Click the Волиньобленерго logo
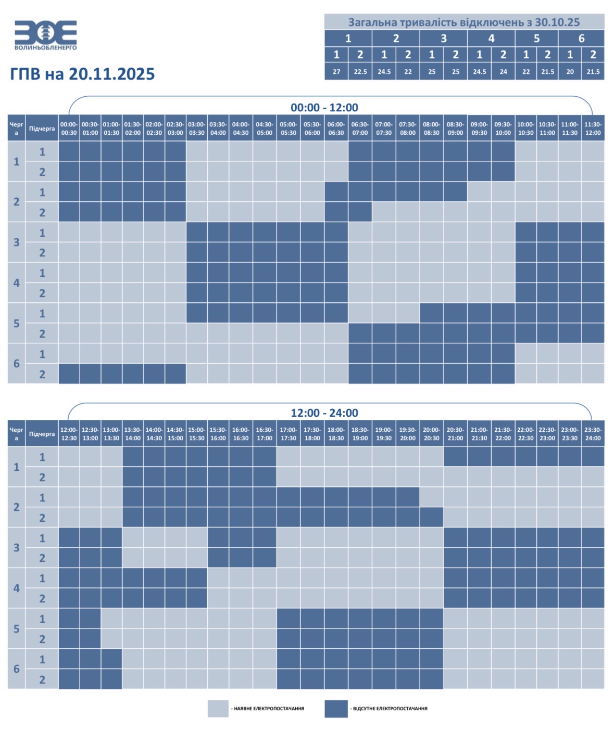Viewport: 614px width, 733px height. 46,35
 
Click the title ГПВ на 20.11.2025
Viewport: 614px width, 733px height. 82,74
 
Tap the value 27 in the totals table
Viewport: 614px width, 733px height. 336,72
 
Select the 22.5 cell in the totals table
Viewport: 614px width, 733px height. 360,72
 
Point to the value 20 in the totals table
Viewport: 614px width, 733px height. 570,72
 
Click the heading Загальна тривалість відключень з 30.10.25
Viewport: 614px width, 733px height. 464,22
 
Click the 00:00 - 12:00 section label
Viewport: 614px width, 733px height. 324,107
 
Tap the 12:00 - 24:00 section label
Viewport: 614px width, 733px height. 324,413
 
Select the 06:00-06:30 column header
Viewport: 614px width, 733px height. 336,128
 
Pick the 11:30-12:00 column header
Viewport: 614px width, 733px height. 593,128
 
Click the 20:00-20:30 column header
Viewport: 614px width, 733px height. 431,434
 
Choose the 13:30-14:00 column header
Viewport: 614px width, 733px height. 133,434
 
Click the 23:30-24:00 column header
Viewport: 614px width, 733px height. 593,434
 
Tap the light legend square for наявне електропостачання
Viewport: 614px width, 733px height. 218,709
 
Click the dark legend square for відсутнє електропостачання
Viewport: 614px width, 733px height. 336,709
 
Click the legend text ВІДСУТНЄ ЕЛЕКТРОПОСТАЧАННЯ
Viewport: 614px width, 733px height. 390,709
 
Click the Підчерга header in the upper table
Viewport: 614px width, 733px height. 42,128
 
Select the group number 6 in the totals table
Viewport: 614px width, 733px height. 581,38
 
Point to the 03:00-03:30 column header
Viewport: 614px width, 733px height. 196,128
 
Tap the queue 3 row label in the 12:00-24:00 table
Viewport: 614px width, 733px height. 16,548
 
